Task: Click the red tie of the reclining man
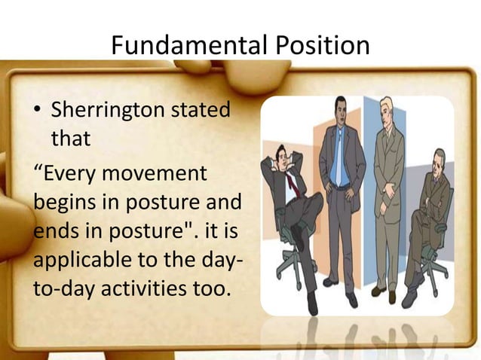[x=292, y=183]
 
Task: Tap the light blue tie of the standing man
[x=339, y=150]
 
